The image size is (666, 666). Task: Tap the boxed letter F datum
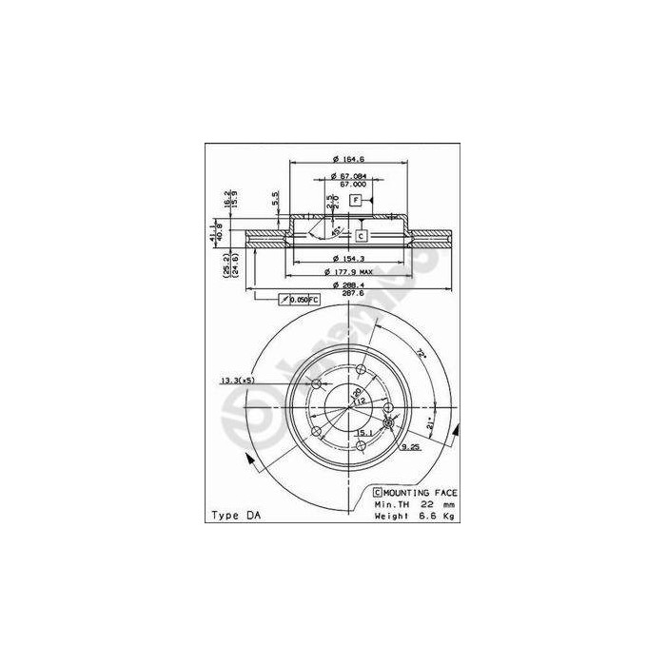pyautogui.click(x=355, y=200)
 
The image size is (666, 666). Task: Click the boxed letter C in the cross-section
pyautogui.click(x=362, y=234)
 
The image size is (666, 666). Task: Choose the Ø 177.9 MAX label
pyautogui.click(x=346, y=272)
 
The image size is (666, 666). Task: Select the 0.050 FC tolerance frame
pyautogui.click(x=300, y=300)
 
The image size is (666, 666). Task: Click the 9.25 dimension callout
pyautogui.click(x=411, y=445)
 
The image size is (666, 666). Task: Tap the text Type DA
pyautogui.click(x=233, y=516)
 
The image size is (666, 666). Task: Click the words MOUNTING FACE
pyautogui.click(x=421, y=492)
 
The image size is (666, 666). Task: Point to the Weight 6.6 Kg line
pyautogui.click(x=414, y=517)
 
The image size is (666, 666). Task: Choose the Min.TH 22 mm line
pyautogui.click(x=414, y=504)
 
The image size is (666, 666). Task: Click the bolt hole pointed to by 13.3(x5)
pyautogui.click(x=317, y=384)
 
